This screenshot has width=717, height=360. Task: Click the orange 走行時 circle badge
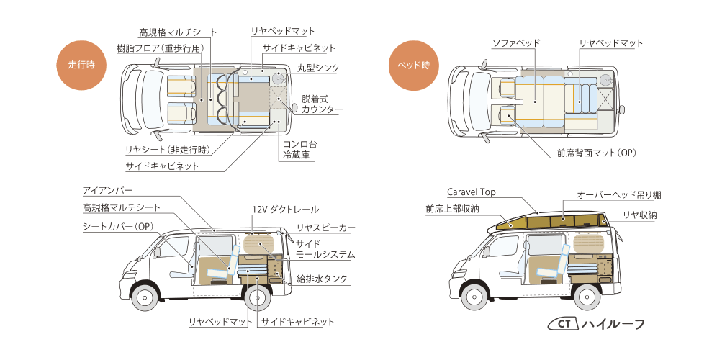pyautogui.click(x=81, y=65)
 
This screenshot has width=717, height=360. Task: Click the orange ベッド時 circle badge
pyautogui.click(x=413, y=65)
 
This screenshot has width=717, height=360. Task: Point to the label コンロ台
pyautogui.click(x=299, y=144)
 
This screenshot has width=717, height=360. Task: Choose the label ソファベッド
pyautogui.click(x=515, y=43)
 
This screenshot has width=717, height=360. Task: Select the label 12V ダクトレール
pyautogui.click(x=285, y=210)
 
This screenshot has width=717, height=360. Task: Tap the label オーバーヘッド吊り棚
pyautogui.click(x=619, y=195)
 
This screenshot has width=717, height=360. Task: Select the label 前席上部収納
pyautogui.click(x=452, y=209)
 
